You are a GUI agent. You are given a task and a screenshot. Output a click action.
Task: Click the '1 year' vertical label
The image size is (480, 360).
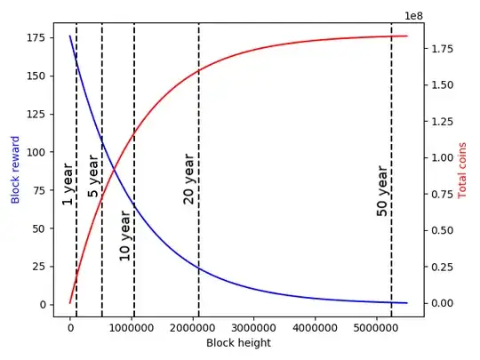[x=67, y=183]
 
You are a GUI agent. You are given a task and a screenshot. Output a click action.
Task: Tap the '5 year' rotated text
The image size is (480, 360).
[x=93, y=174]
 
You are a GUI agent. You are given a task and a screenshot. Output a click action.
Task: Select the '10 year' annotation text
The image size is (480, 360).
[x=124, y=236]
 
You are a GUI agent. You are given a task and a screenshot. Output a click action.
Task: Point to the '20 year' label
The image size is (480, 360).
[x=188, y=179]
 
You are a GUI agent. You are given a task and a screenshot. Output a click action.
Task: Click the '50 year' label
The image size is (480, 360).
[x=382, y=191]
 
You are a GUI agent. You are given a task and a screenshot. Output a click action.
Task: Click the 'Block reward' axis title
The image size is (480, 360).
[x=15, y=170]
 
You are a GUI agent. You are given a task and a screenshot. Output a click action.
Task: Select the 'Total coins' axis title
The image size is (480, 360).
[x=462, y=170]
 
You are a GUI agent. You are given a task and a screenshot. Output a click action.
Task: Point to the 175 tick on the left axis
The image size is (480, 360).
[x=36, y=37]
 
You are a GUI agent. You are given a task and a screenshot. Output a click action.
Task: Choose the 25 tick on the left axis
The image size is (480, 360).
[x=40, y=267]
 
